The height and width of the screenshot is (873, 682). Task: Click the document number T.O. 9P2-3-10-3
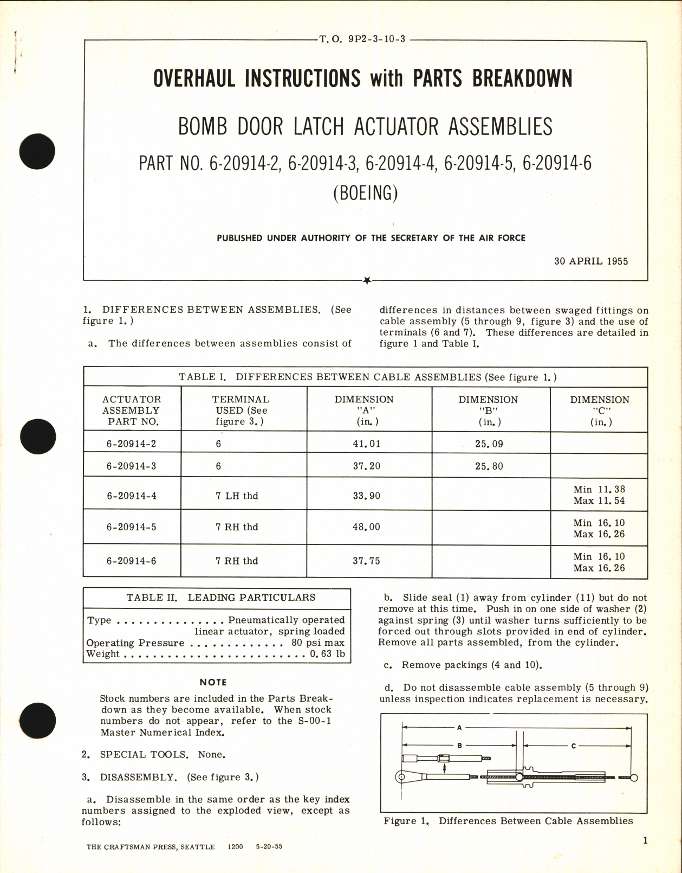tap(362, 40)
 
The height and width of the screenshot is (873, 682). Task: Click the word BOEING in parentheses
tap(365, 193)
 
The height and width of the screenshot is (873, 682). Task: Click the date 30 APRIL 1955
tap(591, 261)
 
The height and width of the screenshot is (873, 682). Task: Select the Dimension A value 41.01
tap(367, 444)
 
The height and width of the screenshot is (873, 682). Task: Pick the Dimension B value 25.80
tap(489, 466)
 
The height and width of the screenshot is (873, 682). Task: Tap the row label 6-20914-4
tap(132, 496)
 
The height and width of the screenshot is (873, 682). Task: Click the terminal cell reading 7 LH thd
tap(237, 496)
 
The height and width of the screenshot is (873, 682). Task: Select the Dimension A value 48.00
tap(367, 527)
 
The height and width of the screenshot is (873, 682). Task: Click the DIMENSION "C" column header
tap(599, 410)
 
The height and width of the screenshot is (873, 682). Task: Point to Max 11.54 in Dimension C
tap(599, 501)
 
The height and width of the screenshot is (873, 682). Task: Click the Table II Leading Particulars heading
tap(221, 598)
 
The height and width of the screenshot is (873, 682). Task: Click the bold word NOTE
tap(213, 683)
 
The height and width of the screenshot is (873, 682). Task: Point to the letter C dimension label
tap(574, 746)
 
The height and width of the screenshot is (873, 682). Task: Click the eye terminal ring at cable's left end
tap(401, 777)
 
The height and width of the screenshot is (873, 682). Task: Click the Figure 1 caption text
tap(508, 821)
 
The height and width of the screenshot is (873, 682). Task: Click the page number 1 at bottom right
tap(645, 841)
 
